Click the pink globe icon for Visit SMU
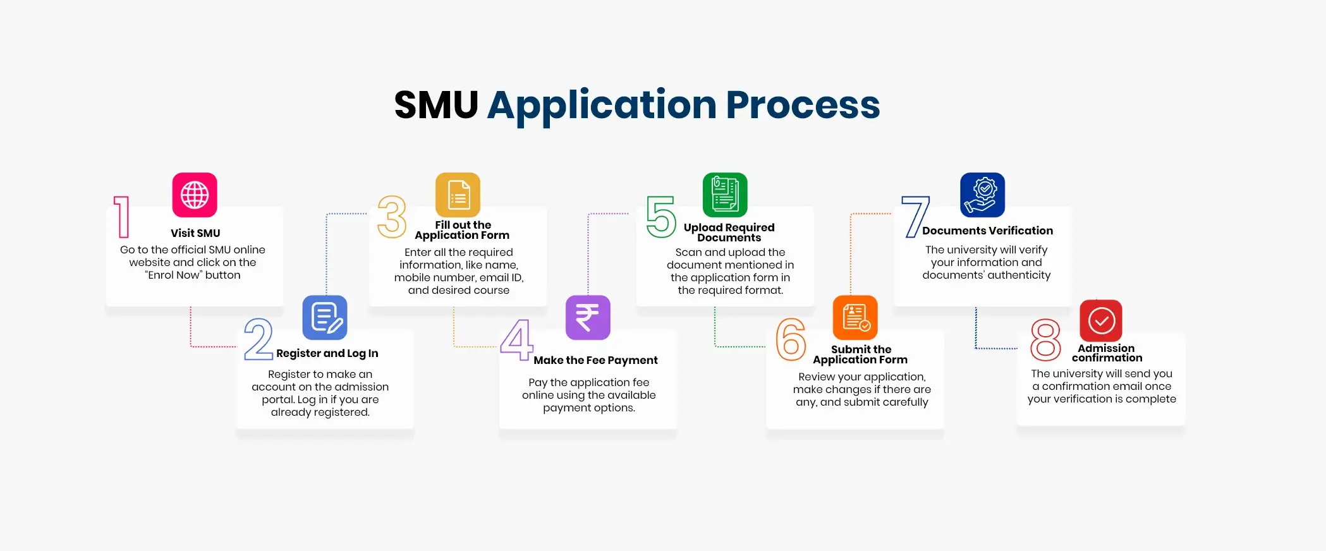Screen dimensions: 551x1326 [x=195, y=195]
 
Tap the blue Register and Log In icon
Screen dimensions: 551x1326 [x=325, y=317]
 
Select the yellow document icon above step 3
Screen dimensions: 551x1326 [x=458, y=195]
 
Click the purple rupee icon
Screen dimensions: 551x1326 [x=588, y=317]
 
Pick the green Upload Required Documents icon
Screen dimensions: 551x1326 [x=725, y=195]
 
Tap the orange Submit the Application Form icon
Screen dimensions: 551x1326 [x=855, y=317]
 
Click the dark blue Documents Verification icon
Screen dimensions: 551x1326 [x=982, y=195]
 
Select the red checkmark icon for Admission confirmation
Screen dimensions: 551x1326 [x=1101, y=320]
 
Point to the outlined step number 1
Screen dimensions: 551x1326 [x=122, y=217]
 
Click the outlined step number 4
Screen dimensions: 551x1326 [x=517, y=339]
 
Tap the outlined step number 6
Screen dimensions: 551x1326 [x=791, y=339]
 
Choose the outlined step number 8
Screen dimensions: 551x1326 [x=1045, y=339]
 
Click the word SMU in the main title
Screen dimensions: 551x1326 [x=436, y=105]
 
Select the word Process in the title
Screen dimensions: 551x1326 [x=803, y=105]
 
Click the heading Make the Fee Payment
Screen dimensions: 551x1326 [x=595, y=360]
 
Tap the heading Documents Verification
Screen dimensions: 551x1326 [x=987, y=231]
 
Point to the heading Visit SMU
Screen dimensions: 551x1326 [x=195, y=233]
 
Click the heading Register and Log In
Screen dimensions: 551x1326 [x=327, y=353]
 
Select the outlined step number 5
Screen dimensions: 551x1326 [x=661, y=217]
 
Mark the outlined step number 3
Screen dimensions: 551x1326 [x=392, y=217]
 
